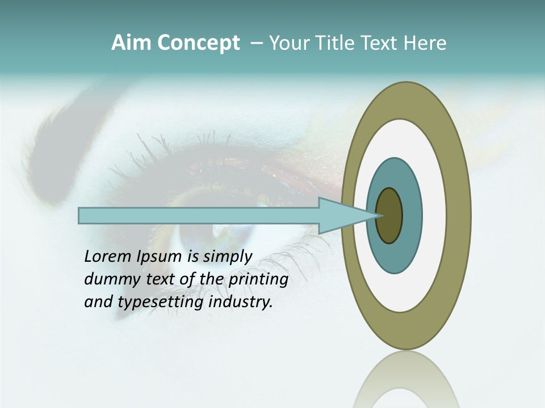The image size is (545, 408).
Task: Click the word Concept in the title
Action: tap(198, 43)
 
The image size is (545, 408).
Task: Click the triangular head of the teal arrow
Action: tap(341, 215)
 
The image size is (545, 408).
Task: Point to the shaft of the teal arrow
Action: tap(199, 215)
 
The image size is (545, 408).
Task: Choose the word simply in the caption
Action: tap(227, 257)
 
